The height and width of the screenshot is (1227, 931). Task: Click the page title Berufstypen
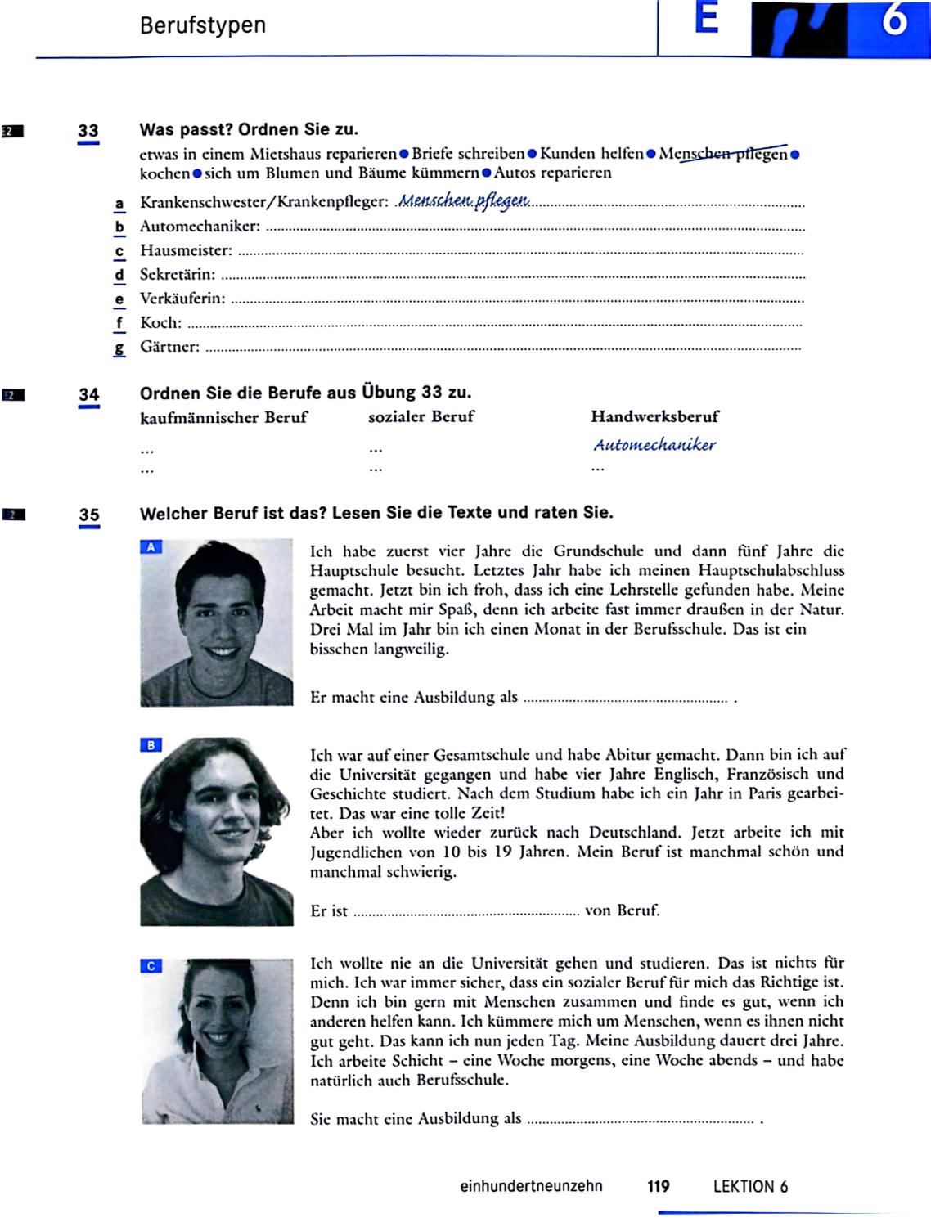click(x=202, y=25)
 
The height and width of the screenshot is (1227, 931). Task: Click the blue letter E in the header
click(x=706, y=20)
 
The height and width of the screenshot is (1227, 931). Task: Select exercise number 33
click(x=88, y=131)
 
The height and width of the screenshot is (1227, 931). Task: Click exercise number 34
click(x=88, y=395)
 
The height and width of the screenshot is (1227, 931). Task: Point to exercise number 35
click(x=88, y=515)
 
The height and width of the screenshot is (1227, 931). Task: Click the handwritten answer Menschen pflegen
click(x=464, y=200)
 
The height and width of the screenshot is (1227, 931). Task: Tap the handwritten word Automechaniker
click(x=654, y=445)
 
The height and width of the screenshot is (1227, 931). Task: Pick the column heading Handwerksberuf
click(x=654, y=416)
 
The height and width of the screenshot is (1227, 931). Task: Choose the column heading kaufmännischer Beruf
click(x=223, y=417)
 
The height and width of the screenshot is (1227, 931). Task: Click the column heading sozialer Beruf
click(x=421, y=416)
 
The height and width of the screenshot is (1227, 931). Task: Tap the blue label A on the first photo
click(x=151, y=547)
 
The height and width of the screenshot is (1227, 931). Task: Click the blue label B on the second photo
click(x=151, y=745)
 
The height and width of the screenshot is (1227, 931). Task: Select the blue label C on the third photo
click(x=151, y=966)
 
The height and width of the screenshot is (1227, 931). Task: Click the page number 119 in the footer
click(x=658, y=1186)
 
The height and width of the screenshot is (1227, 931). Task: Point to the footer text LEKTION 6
click(x=750, y=1187)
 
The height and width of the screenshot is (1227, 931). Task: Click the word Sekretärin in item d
click(x=178, y=275)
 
